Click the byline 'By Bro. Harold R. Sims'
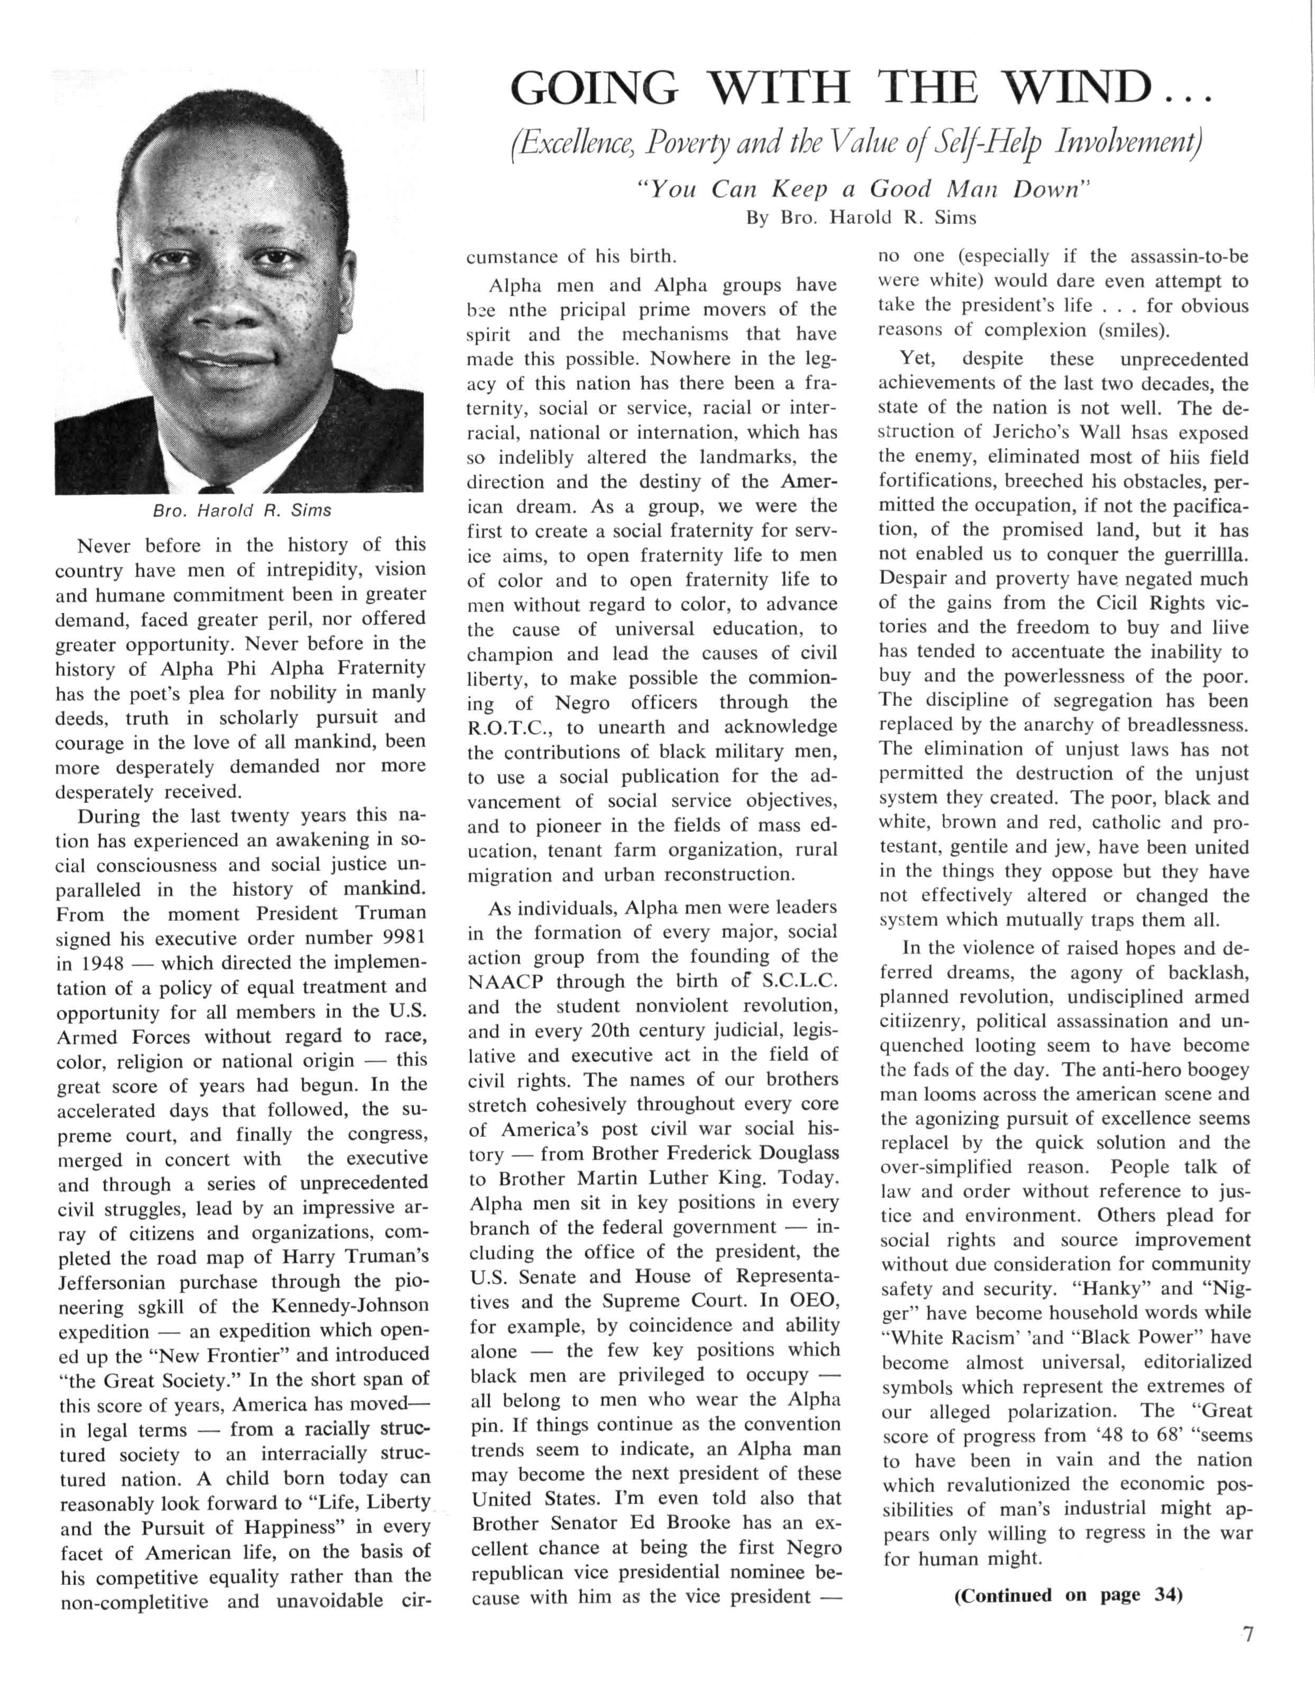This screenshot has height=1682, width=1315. (860, 218)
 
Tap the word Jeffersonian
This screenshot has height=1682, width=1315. (112, 1282)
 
